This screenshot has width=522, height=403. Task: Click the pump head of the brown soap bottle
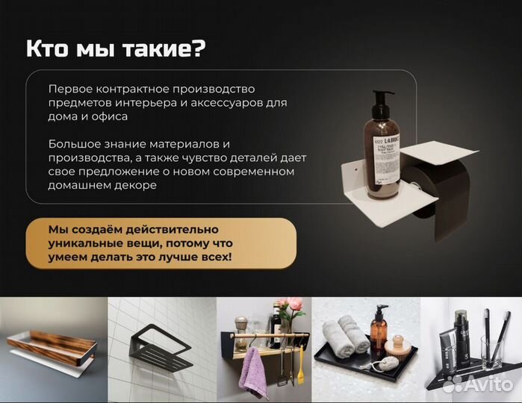click(x=383, y=99)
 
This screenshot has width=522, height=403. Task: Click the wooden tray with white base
click(x=52, y=350)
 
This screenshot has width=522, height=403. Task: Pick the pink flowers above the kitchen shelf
click(x=290, y=305)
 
